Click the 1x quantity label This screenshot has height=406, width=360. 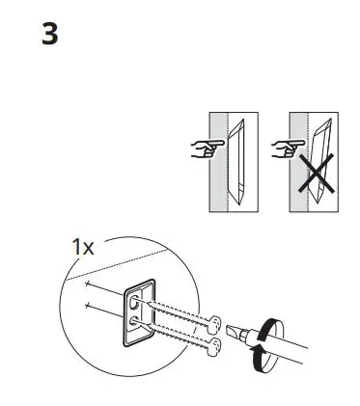coord(83,247)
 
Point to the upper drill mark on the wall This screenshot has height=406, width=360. coord(88,287)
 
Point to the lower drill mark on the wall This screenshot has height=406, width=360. coord(88,309)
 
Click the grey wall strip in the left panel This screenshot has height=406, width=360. coord(220,164)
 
